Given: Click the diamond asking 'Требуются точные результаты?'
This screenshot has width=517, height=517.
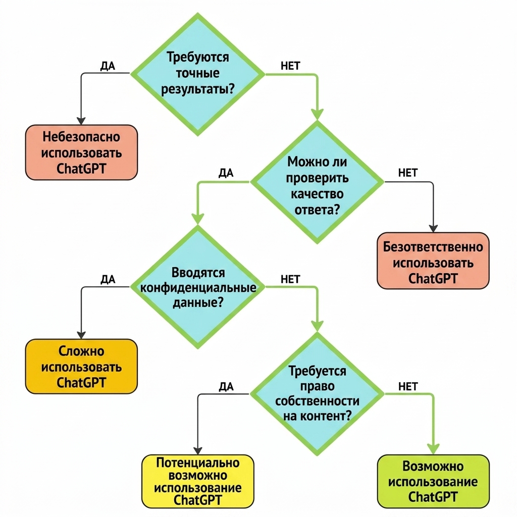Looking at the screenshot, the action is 198,74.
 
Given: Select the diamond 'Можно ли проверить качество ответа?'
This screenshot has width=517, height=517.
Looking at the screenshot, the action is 317,182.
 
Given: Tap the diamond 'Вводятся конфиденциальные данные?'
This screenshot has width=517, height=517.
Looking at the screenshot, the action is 198,287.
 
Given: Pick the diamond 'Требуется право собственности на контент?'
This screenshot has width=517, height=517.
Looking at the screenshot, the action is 317,394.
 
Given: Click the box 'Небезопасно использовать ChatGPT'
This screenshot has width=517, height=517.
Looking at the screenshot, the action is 81,152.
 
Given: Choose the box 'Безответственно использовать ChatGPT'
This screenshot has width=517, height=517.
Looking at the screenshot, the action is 433,261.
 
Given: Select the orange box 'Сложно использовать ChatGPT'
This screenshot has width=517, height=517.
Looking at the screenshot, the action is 81,367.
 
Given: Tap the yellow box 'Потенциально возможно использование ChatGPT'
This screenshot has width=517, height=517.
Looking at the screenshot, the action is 198,481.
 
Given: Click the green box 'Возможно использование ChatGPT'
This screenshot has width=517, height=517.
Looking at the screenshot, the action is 433,481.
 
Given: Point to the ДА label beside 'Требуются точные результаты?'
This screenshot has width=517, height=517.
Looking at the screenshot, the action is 108,66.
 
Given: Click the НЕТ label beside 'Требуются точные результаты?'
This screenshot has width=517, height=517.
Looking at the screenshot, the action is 290,66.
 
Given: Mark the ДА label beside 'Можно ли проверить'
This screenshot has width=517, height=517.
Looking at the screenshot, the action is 226,173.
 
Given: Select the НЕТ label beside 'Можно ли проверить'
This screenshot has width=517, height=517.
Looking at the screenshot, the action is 408,173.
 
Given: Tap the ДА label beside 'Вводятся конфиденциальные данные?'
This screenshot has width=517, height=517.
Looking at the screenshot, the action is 108,280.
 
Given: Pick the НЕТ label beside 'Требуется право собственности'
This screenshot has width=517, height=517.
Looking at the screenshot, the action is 408,386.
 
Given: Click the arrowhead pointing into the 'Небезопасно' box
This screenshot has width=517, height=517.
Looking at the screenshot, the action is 81,121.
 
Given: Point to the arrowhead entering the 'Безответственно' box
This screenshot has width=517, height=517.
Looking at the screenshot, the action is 433,229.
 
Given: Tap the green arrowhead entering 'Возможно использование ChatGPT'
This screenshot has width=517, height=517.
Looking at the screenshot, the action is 433,449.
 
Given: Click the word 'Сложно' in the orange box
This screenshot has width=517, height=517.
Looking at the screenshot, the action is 81,351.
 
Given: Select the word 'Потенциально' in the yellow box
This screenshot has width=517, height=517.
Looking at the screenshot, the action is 198,462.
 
